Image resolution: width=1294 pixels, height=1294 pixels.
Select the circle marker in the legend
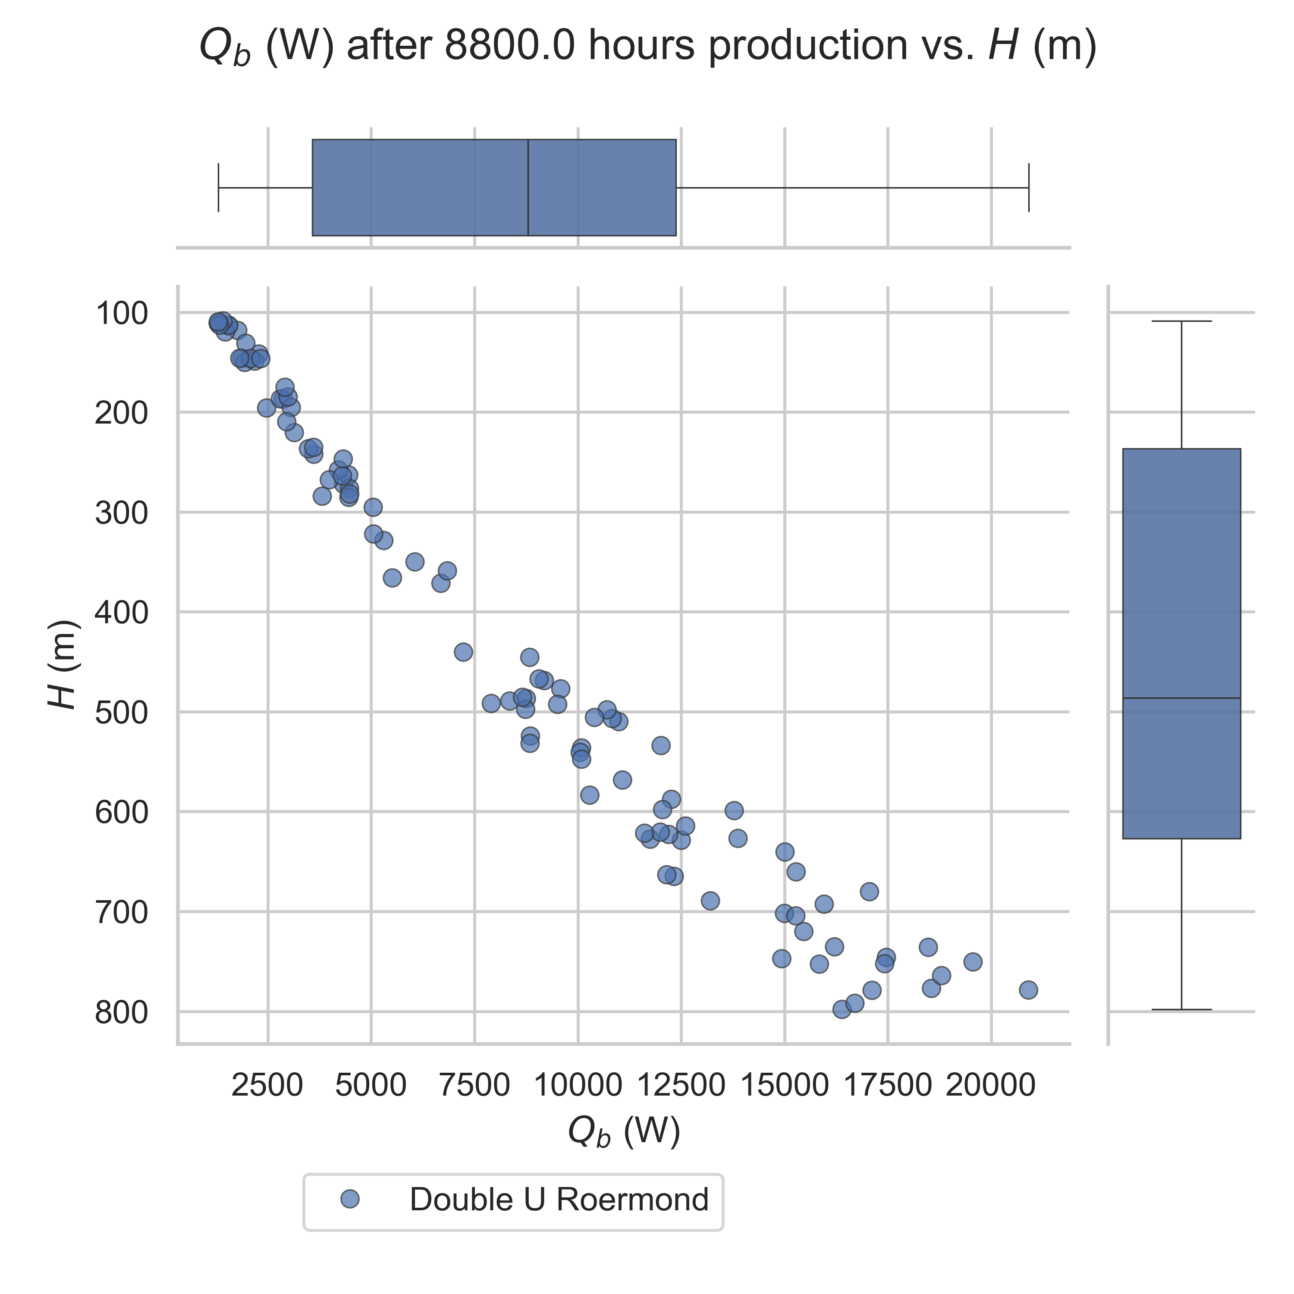(350, 1200)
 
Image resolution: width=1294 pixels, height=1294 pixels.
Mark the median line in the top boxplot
(528, 188)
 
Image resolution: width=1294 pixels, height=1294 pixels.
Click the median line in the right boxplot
(1181, 698)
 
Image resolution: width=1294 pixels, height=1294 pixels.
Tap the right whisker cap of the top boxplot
(1028, 188)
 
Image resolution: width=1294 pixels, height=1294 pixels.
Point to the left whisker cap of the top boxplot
(218, 188)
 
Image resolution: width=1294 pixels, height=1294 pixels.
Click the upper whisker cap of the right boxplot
(1181, 321)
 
